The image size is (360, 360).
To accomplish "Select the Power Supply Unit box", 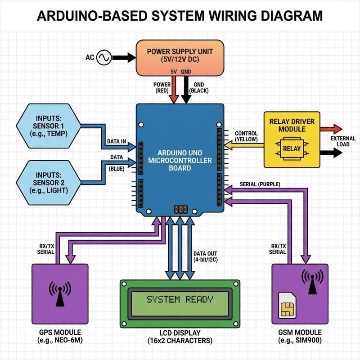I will pos(180,57).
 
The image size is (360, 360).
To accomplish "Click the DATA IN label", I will pos(116,141).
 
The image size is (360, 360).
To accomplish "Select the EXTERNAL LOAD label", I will pos(343,141).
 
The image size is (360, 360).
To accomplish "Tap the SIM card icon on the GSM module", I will pos(286,304).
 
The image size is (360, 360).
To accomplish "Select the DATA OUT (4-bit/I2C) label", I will pos(206,257).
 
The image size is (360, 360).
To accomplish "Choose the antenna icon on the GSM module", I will pos(311,282).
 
